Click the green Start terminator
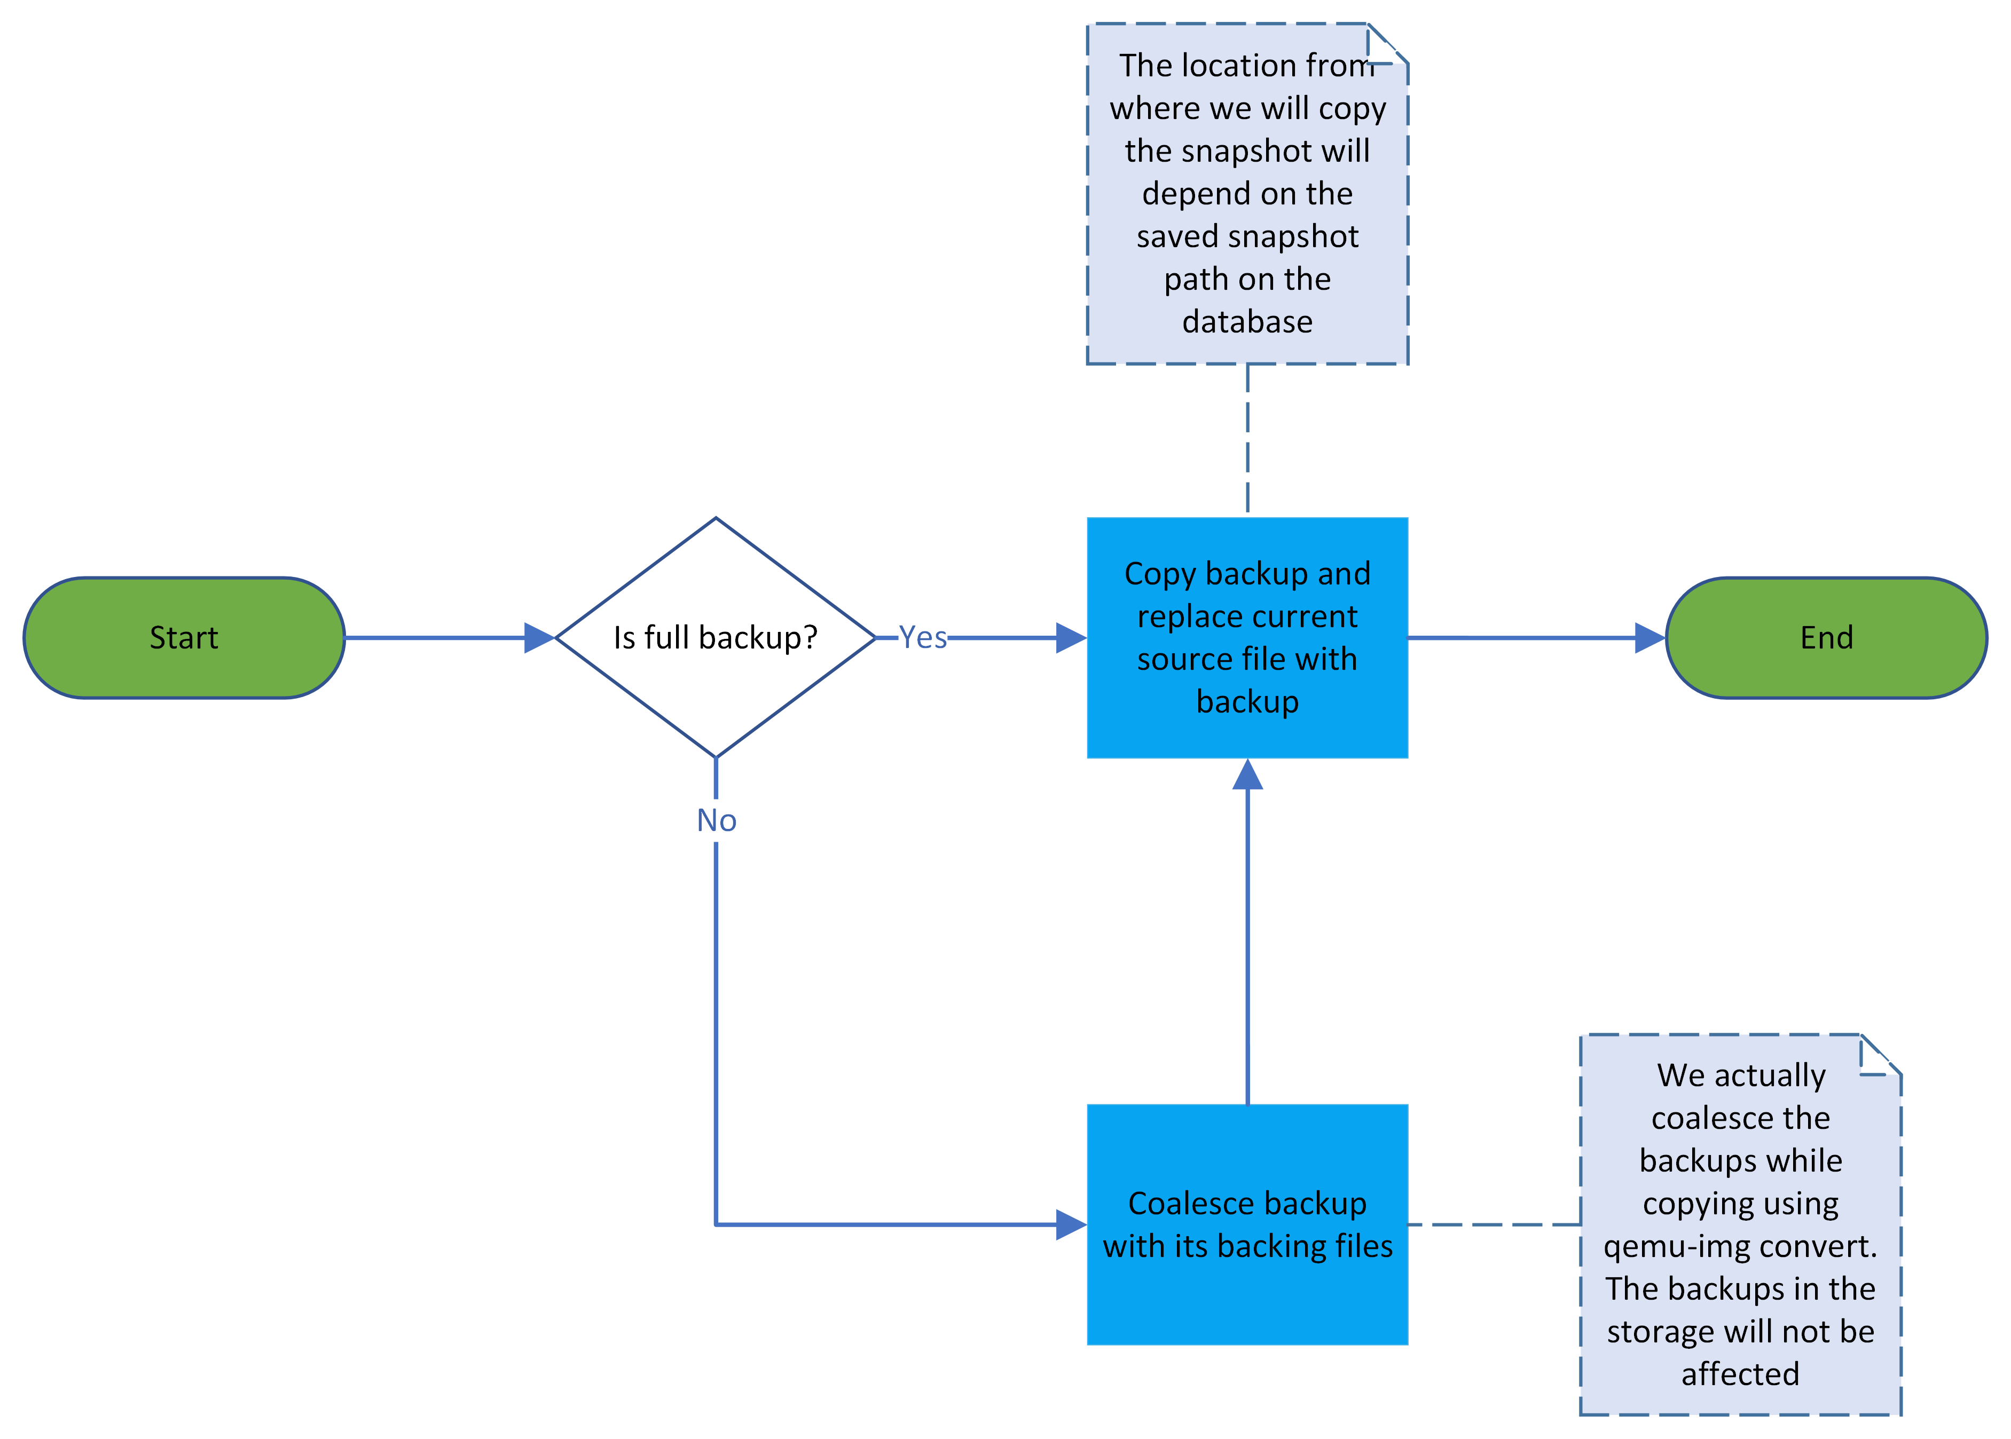click(184, 638)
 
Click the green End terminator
click(1826, 638)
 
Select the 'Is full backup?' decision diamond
click(715, 638)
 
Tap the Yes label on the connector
click(923, 637)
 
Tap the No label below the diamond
click(716, 820)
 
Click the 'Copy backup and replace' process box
click(1247, 638)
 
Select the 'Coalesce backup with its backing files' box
click(1247, 1224)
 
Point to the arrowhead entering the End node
click(1649, 638)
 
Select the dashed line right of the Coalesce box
click(1494, 1224)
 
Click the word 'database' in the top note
click(1247, 322)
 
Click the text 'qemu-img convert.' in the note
click(1740, 1247)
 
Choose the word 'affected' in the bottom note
click(1740, 1374)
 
